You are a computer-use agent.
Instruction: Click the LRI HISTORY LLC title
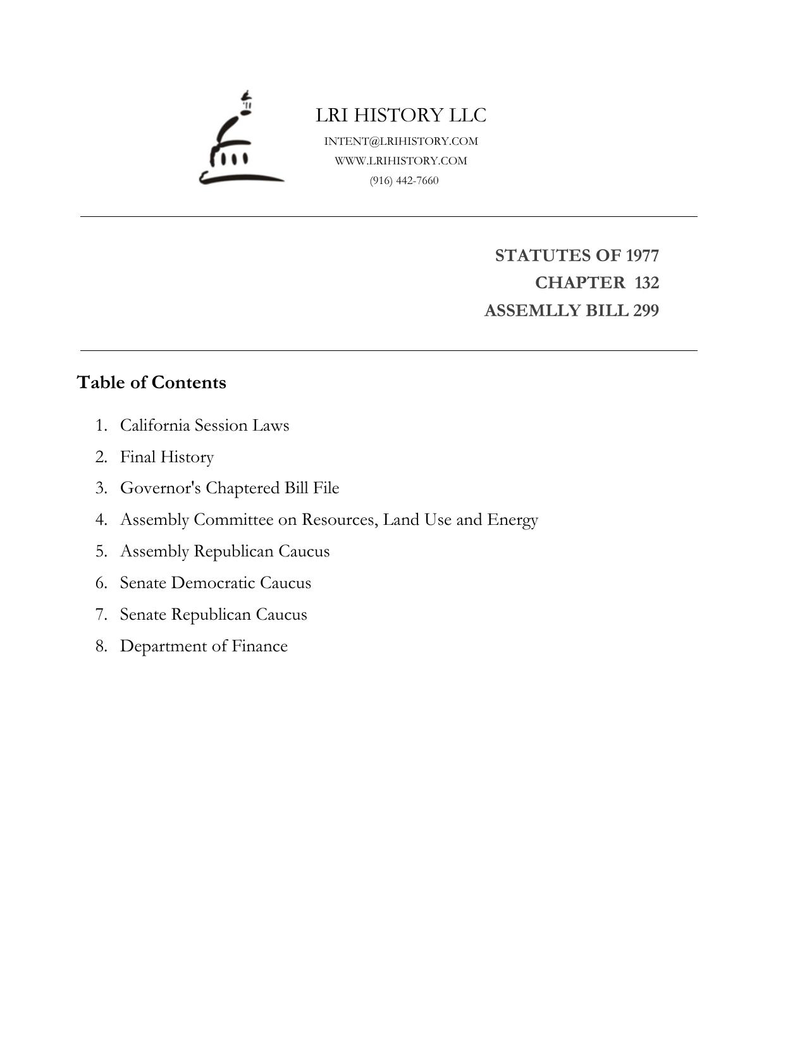coord(401,115)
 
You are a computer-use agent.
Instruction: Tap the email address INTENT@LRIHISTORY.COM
coord(401,141)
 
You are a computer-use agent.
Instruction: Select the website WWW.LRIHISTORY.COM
coord(401,161)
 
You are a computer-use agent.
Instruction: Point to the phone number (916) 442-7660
coord(404,180)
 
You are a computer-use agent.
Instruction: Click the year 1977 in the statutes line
coord(642,255)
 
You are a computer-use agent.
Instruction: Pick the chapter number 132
coord(646,283)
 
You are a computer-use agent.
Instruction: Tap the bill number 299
coord(645,311)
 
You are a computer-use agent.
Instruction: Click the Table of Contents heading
coord(151,383)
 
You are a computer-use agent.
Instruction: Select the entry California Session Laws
coord(204,425)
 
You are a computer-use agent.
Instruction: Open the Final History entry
coord(167,457)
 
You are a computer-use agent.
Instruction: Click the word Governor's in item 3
coord(161,488)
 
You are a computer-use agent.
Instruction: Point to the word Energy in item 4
coord(512,520)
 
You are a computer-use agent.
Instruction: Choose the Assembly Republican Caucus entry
coord(225,551)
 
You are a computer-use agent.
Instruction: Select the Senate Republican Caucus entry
coord(213,615)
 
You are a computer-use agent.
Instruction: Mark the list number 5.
coord(101,551)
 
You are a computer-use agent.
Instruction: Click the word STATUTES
coord(543,255)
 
